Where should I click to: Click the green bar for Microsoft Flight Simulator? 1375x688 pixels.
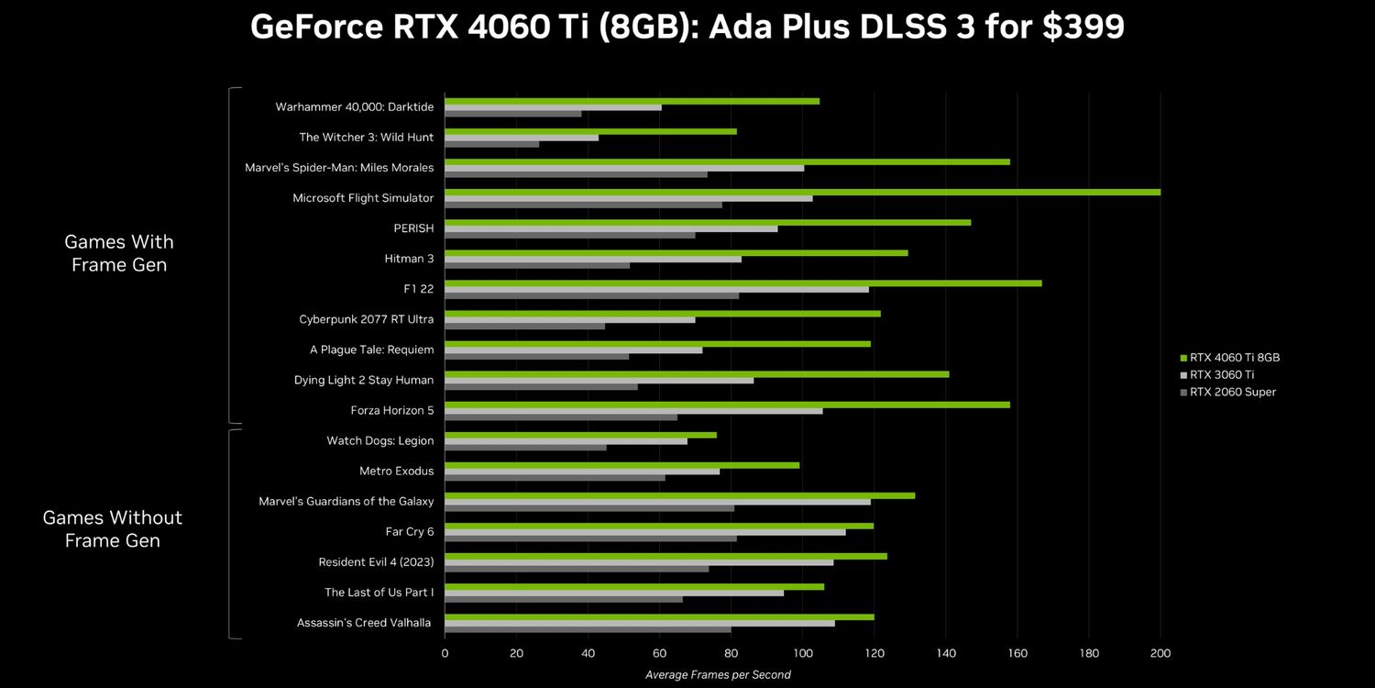point(802,192)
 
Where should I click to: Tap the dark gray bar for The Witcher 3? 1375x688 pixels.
point(491,144)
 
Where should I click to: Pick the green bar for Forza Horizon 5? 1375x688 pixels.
point(727,405)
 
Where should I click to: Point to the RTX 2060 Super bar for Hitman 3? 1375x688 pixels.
point(537,265)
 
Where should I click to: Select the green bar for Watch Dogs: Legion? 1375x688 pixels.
point(580,435)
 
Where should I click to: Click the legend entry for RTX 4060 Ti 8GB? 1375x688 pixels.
point(1234,358)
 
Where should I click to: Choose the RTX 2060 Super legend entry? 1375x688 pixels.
point(1232,393)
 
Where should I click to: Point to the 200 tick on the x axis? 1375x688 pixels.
point(1160,653)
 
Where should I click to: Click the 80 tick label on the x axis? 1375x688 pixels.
point(731,653)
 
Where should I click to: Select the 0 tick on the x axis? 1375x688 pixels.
point(445,653)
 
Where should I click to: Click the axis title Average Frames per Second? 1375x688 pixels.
point(718,675)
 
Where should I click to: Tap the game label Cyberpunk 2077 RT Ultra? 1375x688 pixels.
point(366,319)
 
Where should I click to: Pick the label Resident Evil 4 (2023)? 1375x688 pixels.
point(376,562)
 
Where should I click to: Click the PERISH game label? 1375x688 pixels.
point(413,228)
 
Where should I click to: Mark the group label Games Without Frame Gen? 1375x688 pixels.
point(113,529)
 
